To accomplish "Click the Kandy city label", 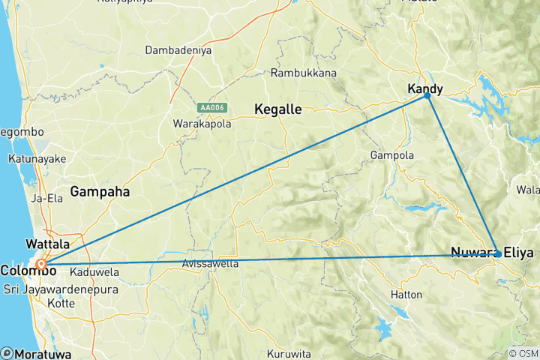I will [424, 88].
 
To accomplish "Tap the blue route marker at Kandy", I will [427, 95].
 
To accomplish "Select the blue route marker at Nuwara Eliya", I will [498, 254].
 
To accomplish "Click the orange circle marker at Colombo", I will [42, 264].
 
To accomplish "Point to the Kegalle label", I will [277, 109].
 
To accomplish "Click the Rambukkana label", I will [304, 73].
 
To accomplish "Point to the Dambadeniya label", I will [177, 52].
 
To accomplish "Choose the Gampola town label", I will [391, 155].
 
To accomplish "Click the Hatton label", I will [406, 295].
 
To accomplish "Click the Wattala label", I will [47, 244].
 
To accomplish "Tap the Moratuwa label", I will [37, 352].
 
